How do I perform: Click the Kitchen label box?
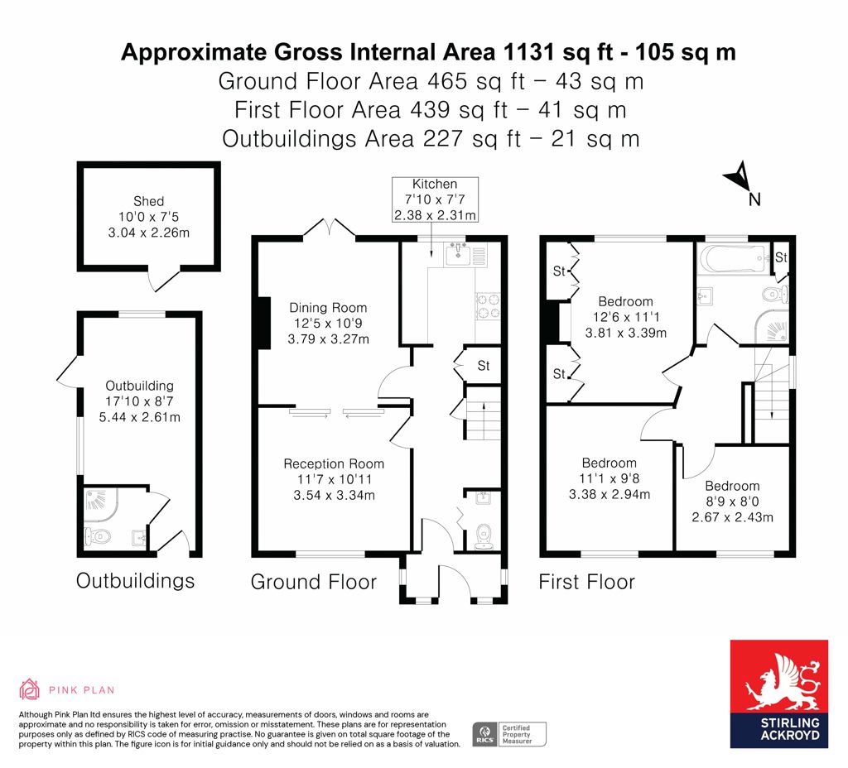435,199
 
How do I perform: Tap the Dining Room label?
328,324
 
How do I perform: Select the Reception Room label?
334,479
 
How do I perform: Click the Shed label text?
149,218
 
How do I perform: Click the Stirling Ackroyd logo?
778,694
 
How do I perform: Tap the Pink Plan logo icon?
30,689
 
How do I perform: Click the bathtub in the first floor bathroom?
734,257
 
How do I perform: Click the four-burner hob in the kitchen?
488,306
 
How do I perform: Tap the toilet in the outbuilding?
98,536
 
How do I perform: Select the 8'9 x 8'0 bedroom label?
732,502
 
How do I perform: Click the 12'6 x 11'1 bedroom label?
626,317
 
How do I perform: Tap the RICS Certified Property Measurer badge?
509,735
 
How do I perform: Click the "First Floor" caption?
587,582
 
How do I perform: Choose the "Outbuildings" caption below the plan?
135,581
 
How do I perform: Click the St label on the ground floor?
484,366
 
